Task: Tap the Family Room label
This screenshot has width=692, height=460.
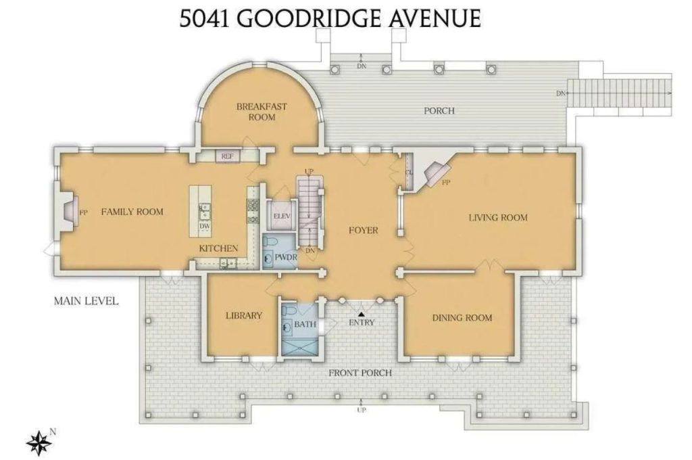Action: (x=132, y=212)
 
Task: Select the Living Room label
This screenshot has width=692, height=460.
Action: (x=498, y=217)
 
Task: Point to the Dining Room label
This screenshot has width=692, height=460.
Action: (x=462, y=317)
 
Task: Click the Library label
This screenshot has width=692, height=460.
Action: (x=243, y=315)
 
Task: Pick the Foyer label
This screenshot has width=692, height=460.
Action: (x=363, y=230)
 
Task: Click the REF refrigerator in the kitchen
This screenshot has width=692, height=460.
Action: (x=227, y=156)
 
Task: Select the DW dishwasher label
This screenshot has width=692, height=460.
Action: (x=203, y=227)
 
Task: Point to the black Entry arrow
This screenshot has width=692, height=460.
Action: (x=362, y=314)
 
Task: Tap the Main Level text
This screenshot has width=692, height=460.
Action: (x=86, y=300)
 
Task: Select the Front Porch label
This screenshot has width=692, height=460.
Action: (x=360, y=373)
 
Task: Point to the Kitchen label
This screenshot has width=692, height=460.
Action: (x=218, y=248)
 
